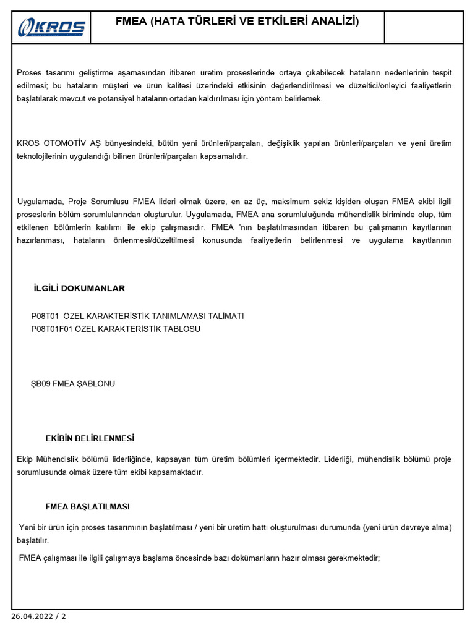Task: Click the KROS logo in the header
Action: tap(52, 27)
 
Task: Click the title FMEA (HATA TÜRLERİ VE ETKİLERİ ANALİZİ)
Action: tap(237, 22)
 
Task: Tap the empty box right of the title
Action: tap(423, 27)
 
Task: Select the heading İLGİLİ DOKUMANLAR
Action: tap(79, 289)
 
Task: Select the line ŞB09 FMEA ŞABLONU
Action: tap(73, 384)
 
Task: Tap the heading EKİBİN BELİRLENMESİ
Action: tap(90, 438)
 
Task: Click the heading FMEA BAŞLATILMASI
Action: tap(87, 507)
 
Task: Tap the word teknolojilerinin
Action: tap(46, 156)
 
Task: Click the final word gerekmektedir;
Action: tap(350, 558)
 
